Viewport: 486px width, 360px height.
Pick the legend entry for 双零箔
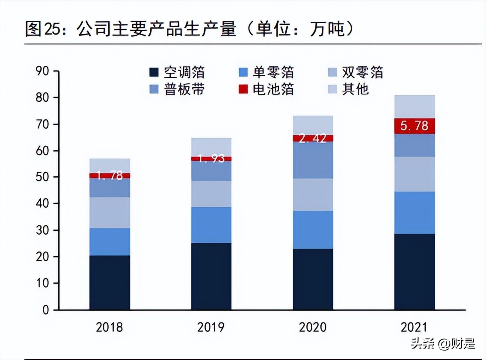click(x=355, y=72)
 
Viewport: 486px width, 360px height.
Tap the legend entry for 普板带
click(x=177, y=89)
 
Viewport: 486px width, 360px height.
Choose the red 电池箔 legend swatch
click(x=243, y=89)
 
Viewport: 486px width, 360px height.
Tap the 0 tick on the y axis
click(x=45, y=310)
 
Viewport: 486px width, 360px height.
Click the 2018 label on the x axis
click(x=110, y=328)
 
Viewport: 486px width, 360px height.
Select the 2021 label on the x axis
click(x=414, y=328)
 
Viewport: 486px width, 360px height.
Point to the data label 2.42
click(x=313, y=138)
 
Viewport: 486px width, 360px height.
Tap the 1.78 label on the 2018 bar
click(x=110, y=175)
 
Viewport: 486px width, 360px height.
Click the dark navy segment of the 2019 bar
click(x=211, y=276)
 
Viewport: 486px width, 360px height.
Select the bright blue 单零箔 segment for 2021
click(x=415, y=212)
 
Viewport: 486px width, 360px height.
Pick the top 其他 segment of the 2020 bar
click(x=313, y=125)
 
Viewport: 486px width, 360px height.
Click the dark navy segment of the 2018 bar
click(x=110, y=282)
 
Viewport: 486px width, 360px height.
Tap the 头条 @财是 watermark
click(x=443, y=343)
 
